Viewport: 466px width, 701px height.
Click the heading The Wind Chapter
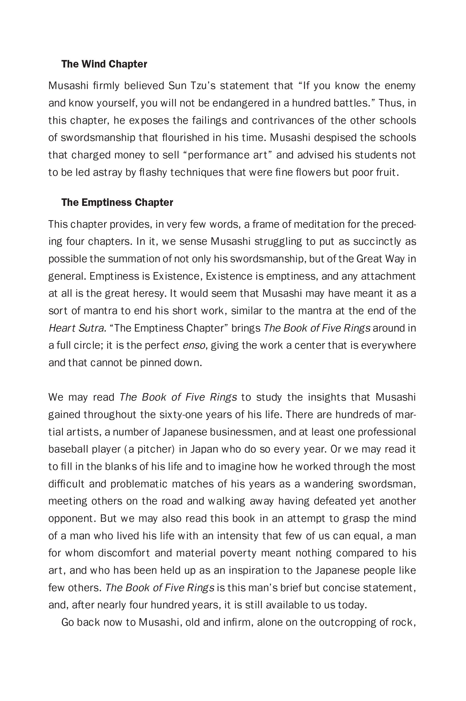click(104, 64)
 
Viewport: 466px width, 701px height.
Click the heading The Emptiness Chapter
click(117, 202)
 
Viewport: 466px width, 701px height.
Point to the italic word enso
click(194, 345)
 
